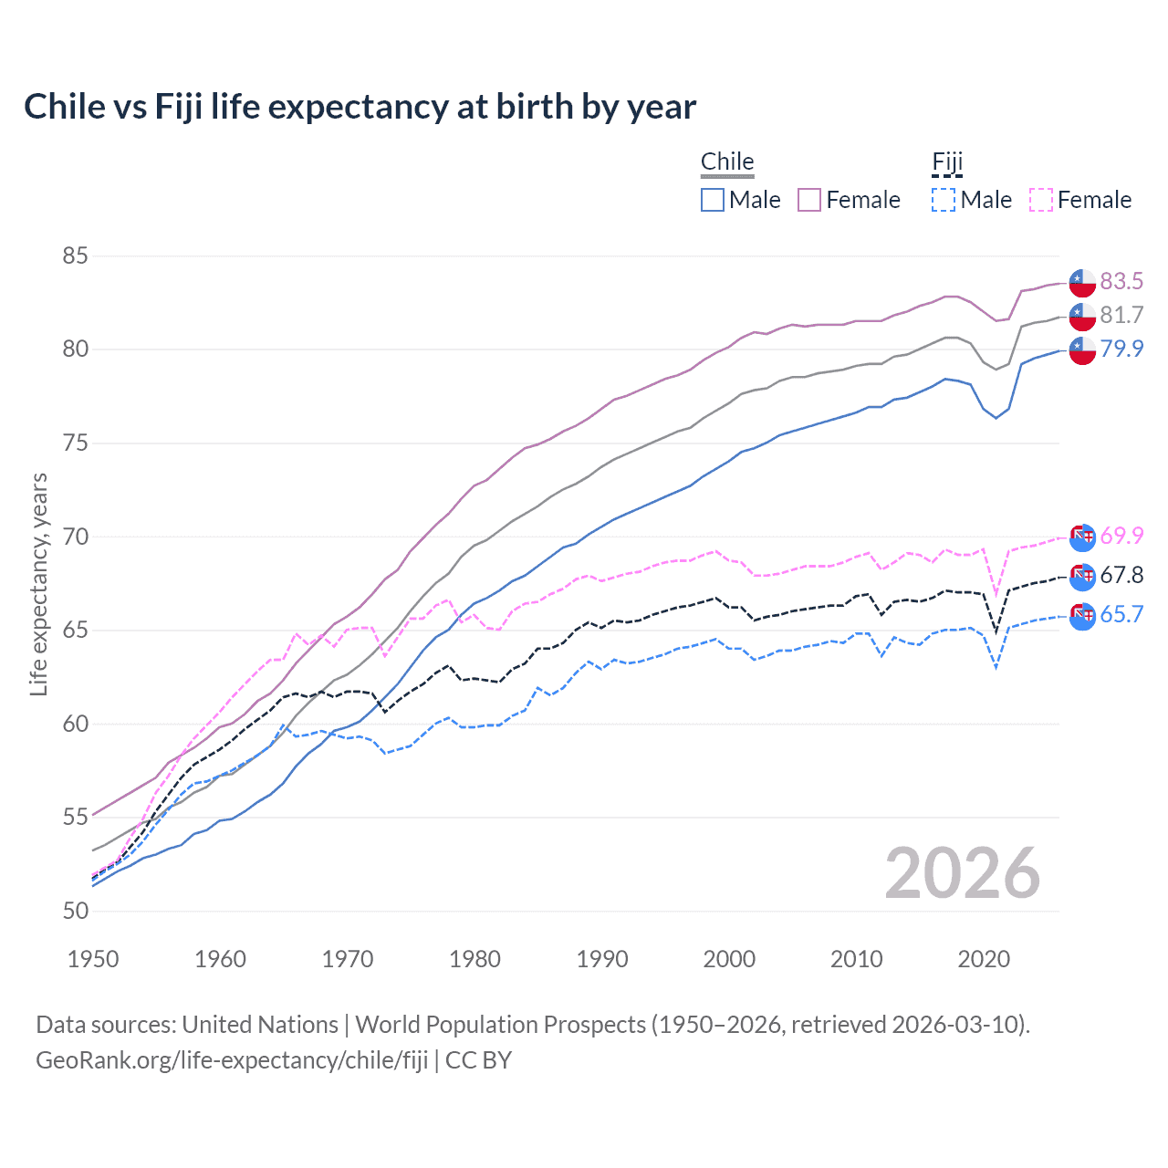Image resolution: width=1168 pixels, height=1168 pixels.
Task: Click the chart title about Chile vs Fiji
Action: coord(360,107)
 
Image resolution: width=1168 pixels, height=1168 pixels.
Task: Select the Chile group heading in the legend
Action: coord(727,162)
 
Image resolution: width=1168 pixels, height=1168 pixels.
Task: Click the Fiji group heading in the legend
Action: coord(947,162)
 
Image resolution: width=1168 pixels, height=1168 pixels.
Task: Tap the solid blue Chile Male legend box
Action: coord(713,200)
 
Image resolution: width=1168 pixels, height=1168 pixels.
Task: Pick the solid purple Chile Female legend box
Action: coord(809,200)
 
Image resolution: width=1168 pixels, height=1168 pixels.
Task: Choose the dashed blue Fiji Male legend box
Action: coord(944,200)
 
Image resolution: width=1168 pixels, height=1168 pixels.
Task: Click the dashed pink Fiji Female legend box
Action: coord(1041,200)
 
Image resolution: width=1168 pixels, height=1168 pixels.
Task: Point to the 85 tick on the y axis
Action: coord(75,255)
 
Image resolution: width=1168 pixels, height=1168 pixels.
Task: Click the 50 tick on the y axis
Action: coord(75,911)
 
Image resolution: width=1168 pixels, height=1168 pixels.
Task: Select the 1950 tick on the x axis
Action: coord(93,959)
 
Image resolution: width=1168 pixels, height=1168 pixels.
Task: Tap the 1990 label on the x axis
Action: coord(602,959)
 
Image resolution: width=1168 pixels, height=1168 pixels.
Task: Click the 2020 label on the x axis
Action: coord(984,959)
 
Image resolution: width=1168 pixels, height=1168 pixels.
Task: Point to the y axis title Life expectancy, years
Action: coord(38,584)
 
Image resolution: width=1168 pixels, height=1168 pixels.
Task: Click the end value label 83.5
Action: coord(1121,281)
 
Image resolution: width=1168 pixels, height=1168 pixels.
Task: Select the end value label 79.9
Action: coord(1121,349)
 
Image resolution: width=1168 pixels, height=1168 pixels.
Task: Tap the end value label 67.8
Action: coord(1121,575)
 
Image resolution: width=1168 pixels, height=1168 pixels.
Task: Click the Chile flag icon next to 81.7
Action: coord(1082,317)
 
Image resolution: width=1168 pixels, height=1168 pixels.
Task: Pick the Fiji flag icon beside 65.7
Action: coord(1082,616)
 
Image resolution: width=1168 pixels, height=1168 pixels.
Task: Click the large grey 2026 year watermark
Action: coord(963,873)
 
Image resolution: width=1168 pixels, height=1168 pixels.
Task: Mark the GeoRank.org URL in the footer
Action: coord(232,1060)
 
